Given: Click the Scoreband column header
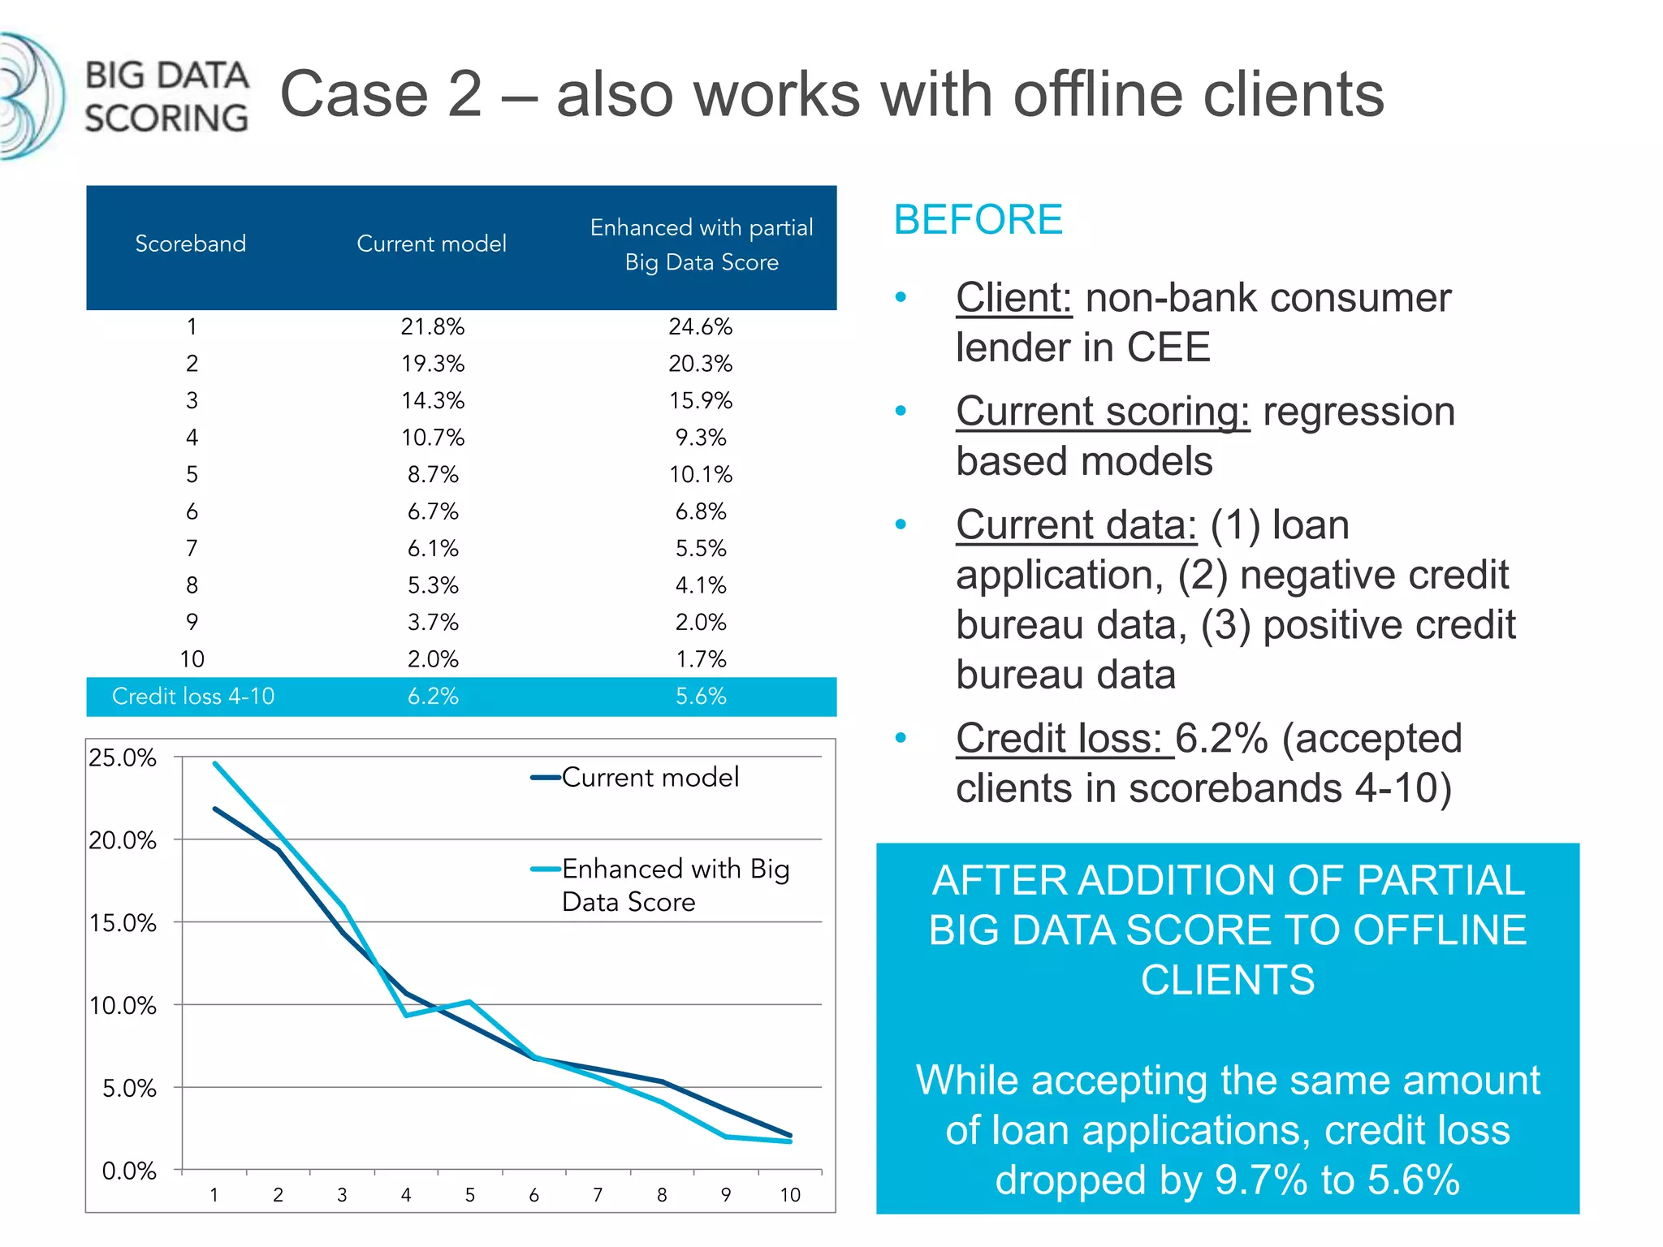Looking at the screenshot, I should tap(190, 244).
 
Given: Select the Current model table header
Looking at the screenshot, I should tap(431, 244).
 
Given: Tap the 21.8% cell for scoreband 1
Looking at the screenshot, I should tap(432, 326).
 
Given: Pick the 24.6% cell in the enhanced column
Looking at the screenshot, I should tap(700, 326).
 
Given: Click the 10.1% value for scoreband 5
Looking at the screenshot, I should tap(700, 474).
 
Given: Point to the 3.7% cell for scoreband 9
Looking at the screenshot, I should tap(433, 622).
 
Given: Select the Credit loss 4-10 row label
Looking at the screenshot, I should tap(193, 696).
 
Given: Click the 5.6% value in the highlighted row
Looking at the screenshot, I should tap(700, 696).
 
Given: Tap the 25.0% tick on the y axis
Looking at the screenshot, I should tap(123, 757).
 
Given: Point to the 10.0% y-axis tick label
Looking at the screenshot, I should tap(123, 1006).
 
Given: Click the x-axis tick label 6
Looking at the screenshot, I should tap(533, 1195).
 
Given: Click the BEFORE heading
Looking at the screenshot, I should tap(978, 219).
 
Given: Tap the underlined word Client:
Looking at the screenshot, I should tap(1013, 298).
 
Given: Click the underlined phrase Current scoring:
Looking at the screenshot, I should tap(1102, 412).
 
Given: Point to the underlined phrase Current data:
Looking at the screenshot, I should tap(1076, 525).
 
